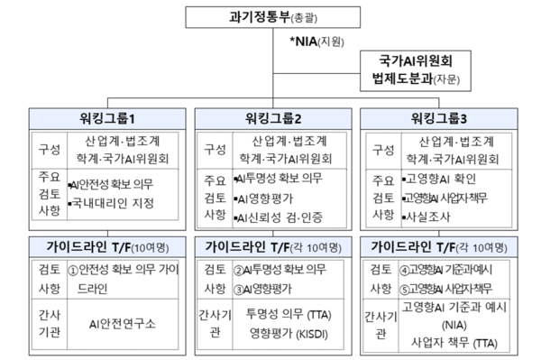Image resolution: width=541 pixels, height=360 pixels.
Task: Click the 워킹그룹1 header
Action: (107, 117)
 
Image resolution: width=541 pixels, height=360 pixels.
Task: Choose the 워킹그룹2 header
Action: (272, 117)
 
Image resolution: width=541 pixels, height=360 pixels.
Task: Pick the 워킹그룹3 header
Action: (437, 117)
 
